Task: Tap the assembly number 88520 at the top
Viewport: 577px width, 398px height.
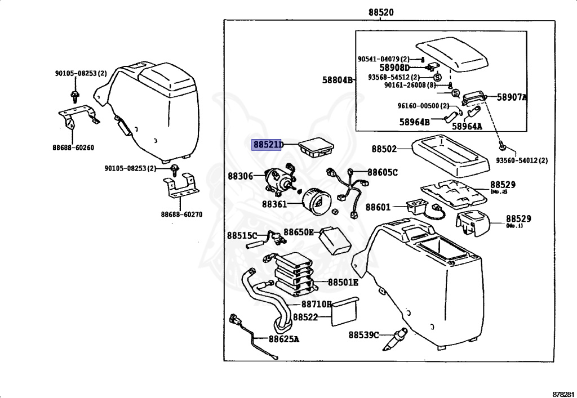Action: [x=381, y=12]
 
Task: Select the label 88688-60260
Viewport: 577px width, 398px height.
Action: [x=73, y=147]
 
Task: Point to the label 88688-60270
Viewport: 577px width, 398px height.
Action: [x=181, y=214]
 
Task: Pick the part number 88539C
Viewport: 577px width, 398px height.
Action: [x=363, y=335]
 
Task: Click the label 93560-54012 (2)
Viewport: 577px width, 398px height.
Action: [x=522, y=160]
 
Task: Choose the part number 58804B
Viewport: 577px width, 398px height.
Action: [x=338, y=80]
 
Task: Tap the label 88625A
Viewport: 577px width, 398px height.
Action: [x=284, y=339]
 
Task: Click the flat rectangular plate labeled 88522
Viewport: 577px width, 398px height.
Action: [x=345, y=311]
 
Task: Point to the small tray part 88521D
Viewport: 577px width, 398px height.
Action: [x=317, y=149]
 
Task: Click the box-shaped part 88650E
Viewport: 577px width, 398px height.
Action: [x=334, y=240]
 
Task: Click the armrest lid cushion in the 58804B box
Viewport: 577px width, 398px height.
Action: [x=451, y=55]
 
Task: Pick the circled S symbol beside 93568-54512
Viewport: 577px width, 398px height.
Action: [x=437, y=78]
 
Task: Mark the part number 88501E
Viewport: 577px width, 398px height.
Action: [x=343, y=282]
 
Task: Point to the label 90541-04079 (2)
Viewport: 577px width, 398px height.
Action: [x=383, y=59]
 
